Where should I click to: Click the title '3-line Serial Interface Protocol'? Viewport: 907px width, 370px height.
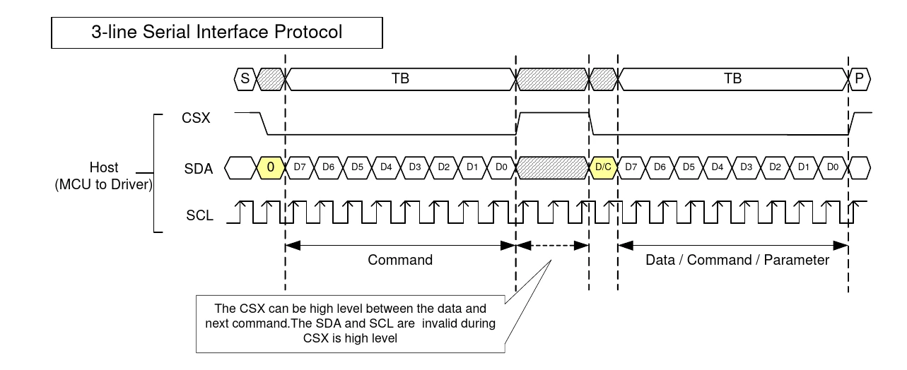(216, 32)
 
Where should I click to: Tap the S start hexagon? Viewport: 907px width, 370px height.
(245, 79)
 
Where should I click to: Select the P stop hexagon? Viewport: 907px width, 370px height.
(859, 79)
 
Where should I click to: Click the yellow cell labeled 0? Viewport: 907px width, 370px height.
(271, 167)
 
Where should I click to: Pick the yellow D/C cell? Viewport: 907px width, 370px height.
(603, 167)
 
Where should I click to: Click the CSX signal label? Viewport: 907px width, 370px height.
(196, 118)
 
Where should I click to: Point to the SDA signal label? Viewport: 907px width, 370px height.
(199, 169)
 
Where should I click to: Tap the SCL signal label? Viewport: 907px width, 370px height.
(199, 215)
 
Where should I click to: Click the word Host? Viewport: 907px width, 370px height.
(104, 167)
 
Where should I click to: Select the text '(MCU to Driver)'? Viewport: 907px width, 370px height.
(104, 185)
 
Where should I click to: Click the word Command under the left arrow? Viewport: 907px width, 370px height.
(400, 260)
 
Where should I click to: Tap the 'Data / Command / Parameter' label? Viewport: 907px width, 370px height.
(737, 260)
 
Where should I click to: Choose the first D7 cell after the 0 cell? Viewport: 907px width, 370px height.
(300, 167)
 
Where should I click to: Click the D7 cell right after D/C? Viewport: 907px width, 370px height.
(631, 167)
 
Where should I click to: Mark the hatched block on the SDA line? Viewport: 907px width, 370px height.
(552, 167)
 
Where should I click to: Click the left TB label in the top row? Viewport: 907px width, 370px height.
(400, 78)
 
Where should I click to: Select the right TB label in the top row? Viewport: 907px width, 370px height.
(732, 78)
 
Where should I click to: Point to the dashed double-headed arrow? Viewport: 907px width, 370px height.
(552, 246)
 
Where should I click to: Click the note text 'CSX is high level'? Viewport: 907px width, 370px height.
(350, 338)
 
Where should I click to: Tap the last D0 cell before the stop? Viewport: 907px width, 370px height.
(833, 167)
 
